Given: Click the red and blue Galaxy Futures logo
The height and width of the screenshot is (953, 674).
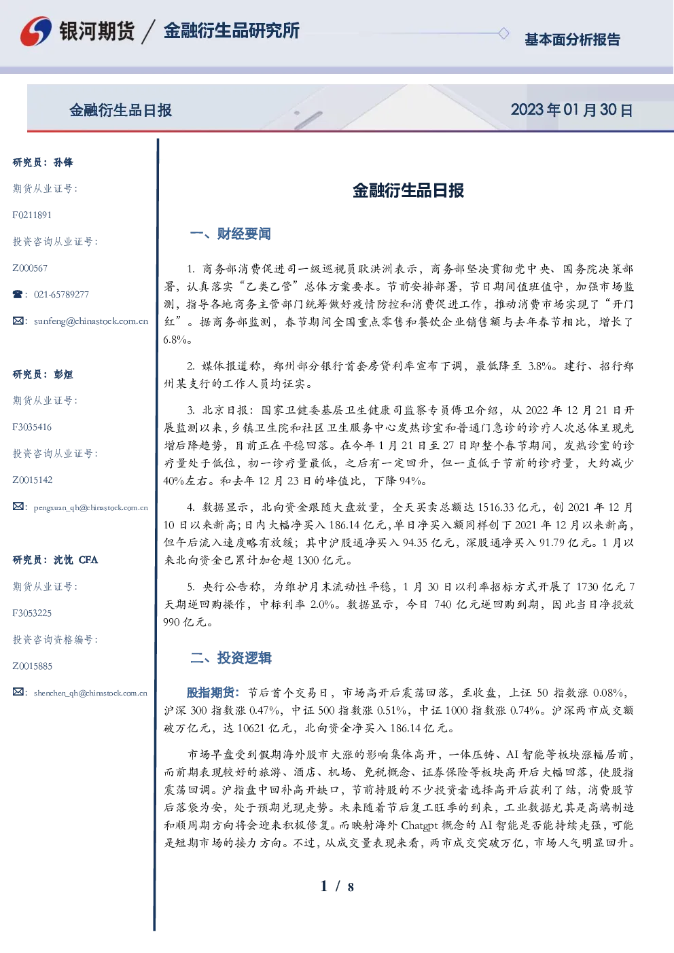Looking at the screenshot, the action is pos(35,31).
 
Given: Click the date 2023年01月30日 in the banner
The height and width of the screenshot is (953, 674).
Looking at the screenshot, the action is pos(571,110).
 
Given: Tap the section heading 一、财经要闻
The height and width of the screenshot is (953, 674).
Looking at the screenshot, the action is pos(230,234).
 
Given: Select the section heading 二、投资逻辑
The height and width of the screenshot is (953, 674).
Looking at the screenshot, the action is pos(230,658).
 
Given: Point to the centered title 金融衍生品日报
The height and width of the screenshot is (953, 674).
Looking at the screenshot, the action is pos(408,190).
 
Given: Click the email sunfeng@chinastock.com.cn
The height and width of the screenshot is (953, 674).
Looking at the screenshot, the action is pos(91,321).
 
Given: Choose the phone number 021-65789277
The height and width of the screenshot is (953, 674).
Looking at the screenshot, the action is pos(61,294).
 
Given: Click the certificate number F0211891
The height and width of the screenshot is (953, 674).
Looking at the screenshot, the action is pos(32,215).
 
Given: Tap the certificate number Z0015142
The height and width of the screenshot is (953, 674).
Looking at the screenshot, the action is pos(33,480).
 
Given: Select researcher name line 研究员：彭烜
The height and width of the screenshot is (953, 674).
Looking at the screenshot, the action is pos(43,374).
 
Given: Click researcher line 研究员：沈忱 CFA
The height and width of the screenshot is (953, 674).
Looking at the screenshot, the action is pos(55,560).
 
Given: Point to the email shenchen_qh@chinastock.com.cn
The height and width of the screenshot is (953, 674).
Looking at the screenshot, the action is pos(90,693).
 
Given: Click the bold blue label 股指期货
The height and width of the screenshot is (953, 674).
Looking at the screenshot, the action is pos(210,693).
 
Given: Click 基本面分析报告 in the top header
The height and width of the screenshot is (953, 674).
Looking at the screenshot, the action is pos(572,39).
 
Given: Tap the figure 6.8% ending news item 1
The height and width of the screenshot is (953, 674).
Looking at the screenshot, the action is pos(175,340).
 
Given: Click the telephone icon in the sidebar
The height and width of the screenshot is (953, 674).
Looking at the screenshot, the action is pos(18,294).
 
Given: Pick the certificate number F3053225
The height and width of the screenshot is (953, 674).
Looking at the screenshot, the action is pos(32,613).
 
